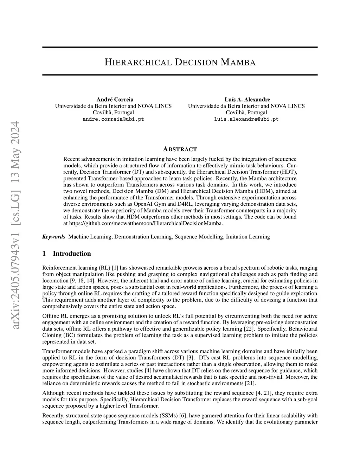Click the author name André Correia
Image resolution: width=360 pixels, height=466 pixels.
(115, 100)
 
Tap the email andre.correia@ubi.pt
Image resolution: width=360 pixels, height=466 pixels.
(113, 119)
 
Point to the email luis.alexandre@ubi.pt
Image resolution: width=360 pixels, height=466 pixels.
(246, 119)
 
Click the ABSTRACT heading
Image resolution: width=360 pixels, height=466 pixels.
(180, 149)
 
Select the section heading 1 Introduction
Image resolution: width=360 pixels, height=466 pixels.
(66, 254)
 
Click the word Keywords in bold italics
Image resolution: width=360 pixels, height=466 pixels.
(53, 237)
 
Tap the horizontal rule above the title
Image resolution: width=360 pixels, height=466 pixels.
(180, 47)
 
